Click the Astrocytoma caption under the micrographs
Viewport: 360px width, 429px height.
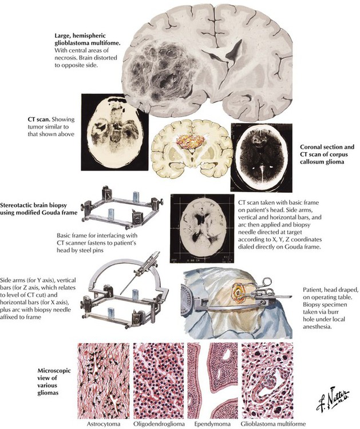(104, 424)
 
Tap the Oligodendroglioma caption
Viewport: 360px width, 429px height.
(159, 424)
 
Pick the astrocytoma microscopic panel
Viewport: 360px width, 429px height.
(104, 380)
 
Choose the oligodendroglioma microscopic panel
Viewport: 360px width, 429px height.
(159, 380)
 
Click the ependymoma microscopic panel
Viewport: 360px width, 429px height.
(212, 380)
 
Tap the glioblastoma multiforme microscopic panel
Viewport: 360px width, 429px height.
(267, 380)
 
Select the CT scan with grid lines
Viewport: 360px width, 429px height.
(202, 228)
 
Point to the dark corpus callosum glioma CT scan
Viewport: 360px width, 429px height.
(262, 157)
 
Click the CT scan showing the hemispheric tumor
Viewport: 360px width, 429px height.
(114, 132)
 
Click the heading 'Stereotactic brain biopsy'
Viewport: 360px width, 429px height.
(34, 205)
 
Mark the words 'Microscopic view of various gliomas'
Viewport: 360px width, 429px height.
(50, 382)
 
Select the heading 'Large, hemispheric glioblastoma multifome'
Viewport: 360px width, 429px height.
(88, 39)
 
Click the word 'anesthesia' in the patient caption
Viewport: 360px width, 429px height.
(317, 327)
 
